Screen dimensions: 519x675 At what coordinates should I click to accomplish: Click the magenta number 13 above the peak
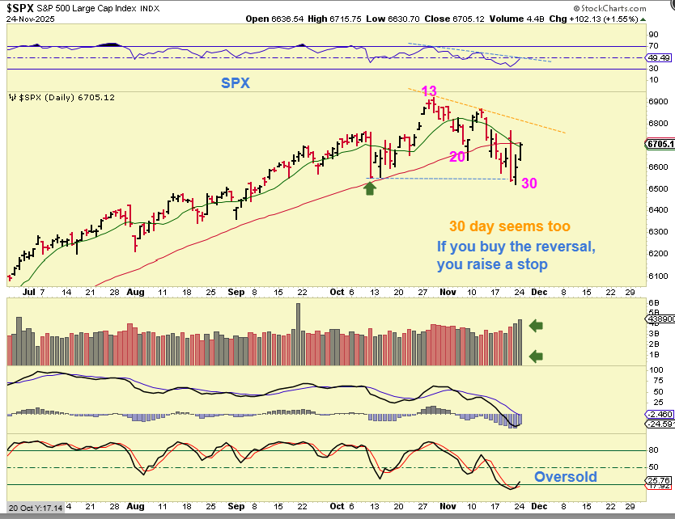[429, 91]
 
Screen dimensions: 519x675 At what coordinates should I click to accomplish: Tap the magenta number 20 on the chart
[456, 156]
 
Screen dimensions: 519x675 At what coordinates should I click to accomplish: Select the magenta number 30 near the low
[529, 184]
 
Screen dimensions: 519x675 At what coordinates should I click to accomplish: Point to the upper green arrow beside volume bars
[537, 326]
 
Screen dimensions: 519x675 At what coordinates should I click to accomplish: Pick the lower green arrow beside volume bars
[537, 356]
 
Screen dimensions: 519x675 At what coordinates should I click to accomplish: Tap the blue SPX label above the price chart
[236, 83]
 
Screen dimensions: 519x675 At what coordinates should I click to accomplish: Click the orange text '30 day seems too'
[509, 227]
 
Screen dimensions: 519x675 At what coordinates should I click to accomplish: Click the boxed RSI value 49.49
[660, 58]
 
